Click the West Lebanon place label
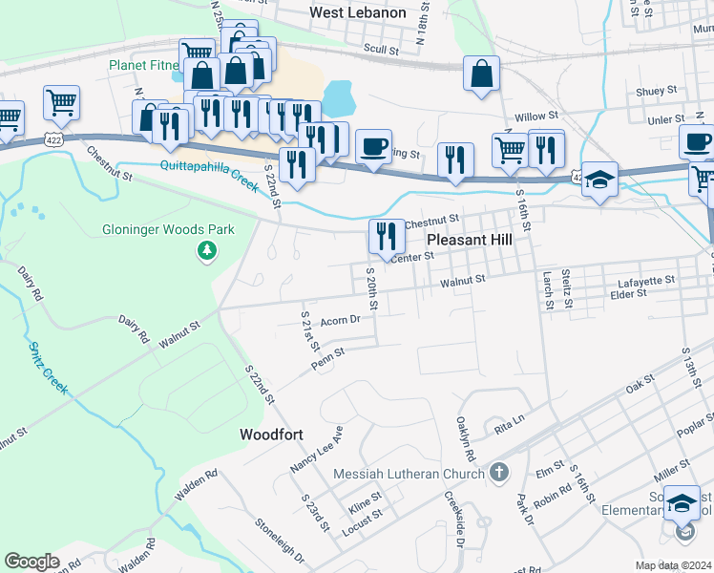click(x=358, y=13)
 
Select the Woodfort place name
click(x=271, y=435)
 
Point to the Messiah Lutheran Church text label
click(x=408, y=475)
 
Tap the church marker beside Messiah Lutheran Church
click(x=498, y=472)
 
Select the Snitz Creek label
click(x=49, y=369)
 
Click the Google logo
click(x=31, y=562)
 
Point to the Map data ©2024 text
click(x=672, y=565)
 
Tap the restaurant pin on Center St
click(x=386, y=235)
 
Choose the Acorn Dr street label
click(x=339, y=321)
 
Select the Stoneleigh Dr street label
click(x=280, y=541)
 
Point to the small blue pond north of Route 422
click(x=339, y=96)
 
